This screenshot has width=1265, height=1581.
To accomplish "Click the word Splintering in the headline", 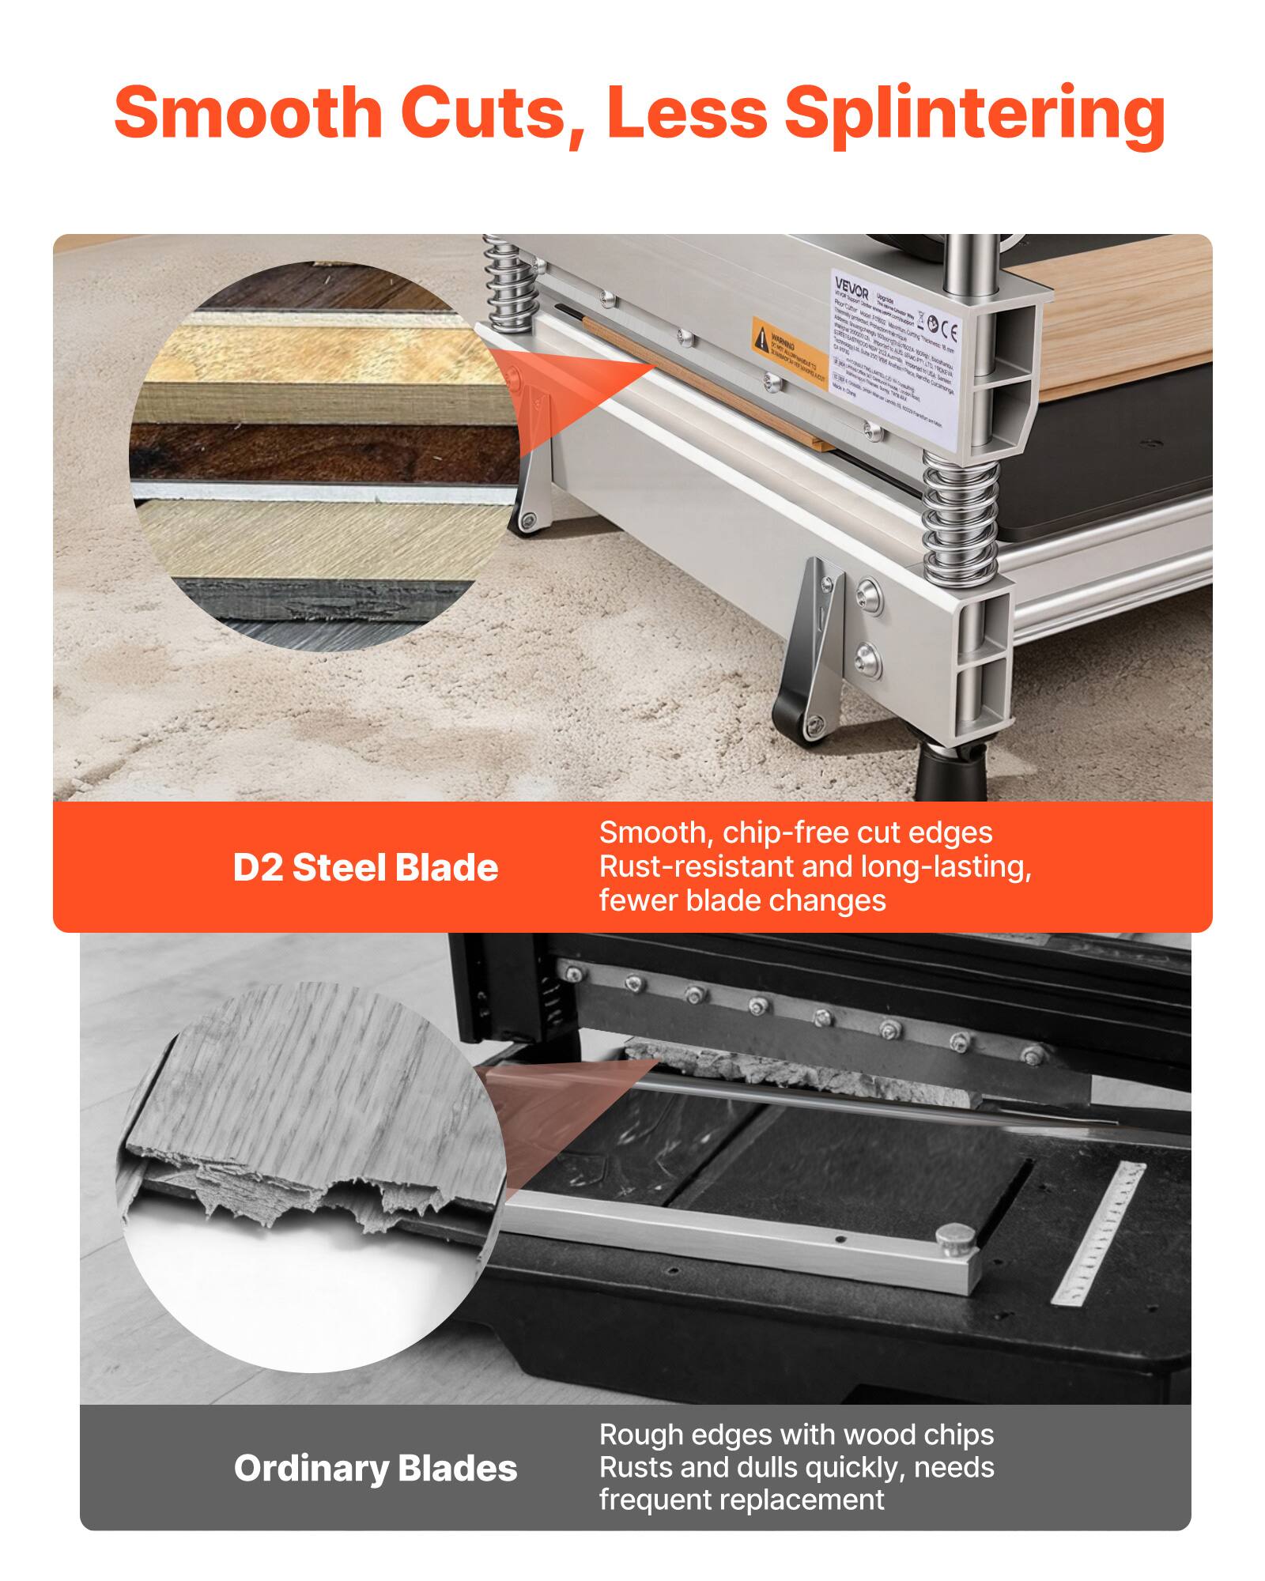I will coord(973,112).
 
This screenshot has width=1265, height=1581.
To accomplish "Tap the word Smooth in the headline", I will coord(248,112).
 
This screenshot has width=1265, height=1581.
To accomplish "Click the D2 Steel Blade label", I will coord(365,868).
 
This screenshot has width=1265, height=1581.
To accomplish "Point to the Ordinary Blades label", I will coord(376,1469).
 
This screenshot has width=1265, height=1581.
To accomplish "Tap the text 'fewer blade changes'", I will coord(742,900).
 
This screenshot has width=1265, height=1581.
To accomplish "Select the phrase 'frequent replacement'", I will coord(742,1500).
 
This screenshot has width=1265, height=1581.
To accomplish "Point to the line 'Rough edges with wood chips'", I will coord(796,1434).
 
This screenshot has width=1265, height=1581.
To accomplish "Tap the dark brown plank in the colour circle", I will coord(316,451).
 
